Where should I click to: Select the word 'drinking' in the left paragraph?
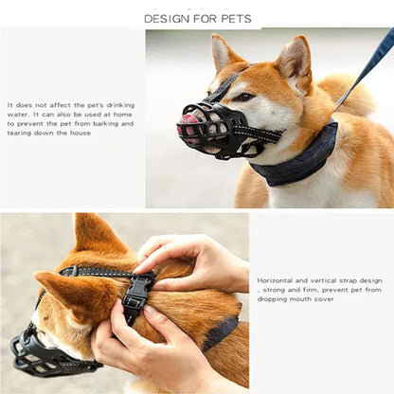tap(120, 105)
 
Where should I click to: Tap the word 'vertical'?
tap(328, 280)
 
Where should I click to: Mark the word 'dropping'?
tap(274, 299)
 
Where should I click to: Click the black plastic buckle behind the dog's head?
tap(136, 289)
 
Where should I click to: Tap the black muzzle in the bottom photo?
tap(47, 352)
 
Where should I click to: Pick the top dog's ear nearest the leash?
tap(294, 59)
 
